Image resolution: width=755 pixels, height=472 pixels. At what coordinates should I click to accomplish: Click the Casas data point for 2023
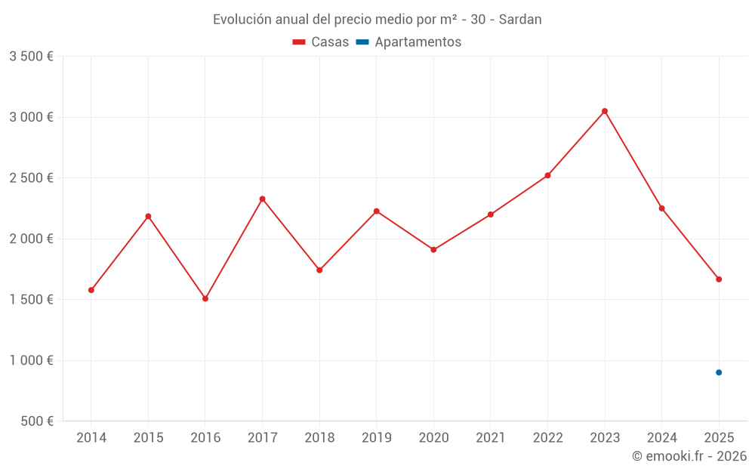tap(605, 111)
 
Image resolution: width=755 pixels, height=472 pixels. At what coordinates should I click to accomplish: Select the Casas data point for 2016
tap(205, 298)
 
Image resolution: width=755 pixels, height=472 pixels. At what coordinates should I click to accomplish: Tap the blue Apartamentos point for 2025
tap(719, 372)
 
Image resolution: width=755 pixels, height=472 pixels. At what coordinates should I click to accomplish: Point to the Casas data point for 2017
tap(262, 199)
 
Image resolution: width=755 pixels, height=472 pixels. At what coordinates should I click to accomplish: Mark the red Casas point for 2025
tap(719, 279)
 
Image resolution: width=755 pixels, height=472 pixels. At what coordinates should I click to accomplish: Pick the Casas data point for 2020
tap(433, 249)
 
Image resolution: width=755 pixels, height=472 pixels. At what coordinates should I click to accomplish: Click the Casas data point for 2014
tap(91, 290)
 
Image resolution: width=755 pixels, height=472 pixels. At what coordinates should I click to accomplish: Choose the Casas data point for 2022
tap(547, 175)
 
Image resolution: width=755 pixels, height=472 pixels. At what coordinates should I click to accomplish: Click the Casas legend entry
tap(321, 42)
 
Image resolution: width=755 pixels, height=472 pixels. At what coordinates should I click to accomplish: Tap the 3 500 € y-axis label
tap(31, 57)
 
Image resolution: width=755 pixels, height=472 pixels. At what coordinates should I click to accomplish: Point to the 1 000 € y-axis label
tap(31, 360)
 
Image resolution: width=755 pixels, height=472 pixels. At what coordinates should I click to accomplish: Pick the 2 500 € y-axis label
tap(31, 178)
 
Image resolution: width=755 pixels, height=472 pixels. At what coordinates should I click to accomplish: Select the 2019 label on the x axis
tap(376, 438)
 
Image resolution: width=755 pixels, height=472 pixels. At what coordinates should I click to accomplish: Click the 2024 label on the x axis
tap(661, 438)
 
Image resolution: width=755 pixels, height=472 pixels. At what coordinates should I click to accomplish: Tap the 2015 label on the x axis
tap(148, 438)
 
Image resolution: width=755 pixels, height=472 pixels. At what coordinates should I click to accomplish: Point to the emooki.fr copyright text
tap(689, 456)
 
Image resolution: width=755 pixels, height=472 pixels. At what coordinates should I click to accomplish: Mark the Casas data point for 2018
tap(319, 270)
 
